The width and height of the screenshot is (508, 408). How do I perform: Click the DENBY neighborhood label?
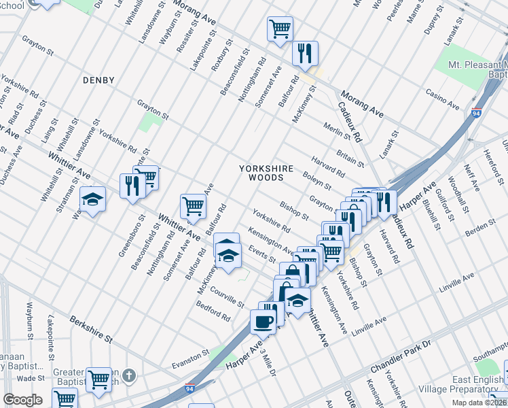(98, 80)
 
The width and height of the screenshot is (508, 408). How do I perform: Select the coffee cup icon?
(263, 322)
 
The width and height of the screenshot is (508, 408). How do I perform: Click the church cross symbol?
(130, 375)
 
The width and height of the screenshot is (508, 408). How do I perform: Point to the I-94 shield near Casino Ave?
(476, 115)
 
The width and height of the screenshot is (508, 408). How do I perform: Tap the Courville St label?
(227, 296)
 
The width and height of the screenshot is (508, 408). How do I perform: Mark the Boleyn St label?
(317, 182)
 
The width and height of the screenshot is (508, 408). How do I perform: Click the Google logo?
(23, 400)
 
